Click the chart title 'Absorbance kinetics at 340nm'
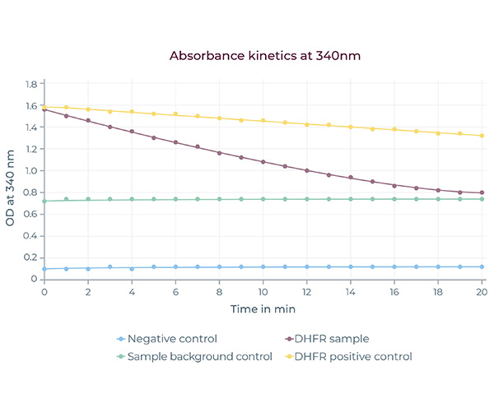[265, 56]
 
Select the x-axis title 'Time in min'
[263, 309]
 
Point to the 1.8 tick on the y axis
[32, 84]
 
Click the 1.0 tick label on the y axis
[32, 171]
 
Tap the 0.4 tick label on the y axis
[32, 236]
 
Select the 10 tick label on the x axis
[263, 292]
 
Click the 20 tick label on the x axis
[482, 292]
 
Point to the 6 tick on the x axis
[175, 292]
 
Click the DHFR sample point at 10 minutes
[263, 162]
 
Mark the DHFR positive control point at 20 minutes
[482, 136]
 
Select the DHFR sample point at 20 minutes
[482, 192]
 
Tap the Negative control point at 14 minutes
[351, 266]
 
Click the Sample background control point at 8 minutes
[219, 199]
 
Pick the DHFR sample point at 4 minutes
[132, 132]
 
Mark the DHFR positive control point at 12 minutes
[307, 124]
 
